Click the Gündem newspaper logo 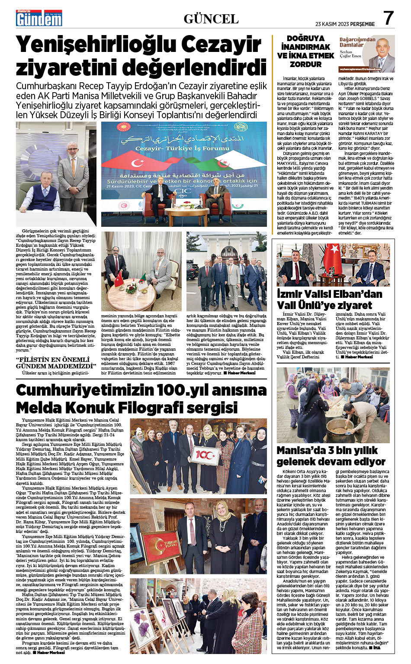point(39,19)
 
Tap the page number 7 point(389,19)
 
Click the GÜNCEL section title point(211,19)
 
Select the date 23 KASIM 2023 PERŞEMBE point(345,24)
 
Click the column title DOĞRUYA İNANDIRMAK point(305,42)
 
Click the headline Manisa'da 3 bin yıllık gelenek point(331,456)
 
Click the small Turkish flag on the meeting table point(119,279)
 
